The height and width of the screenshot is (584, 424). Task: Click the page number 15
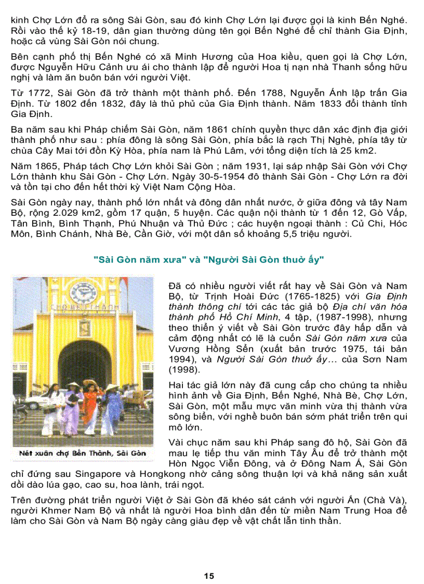coord(209,576)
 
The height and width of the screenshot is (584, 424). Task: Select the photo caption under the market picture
coord(82,453)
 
